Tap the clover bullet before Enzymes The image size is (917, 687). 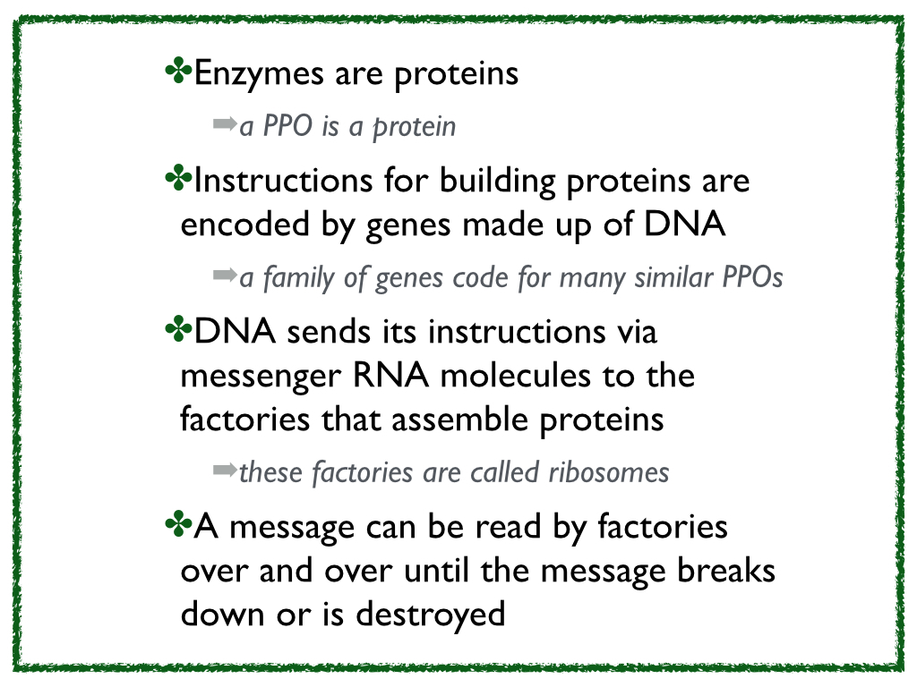coord(179,71)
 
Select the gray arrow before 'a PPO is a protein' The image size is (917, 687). coord(225,123)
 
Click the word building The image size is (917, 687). coord(497,181)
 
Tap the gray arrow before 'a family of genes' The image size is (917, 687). coord(225,274)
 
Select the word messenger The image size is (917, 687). coord(261,377)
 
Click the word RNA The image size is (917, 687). coord(390,375)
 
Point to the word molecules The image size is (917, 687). coord(515,376)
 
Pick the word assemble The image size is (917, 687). coord(459,420)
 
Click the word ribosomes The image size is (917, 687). coord(609,472)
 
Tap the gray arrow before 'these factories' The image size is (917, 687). coord(225,469)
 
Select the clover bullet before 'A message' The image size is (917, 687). coord(179,524)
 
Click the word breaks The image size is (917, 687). coord(725,570)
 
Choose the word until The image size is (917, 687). coord(436,570)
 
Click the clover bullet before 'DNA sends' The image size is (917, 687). coord(179,329)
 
